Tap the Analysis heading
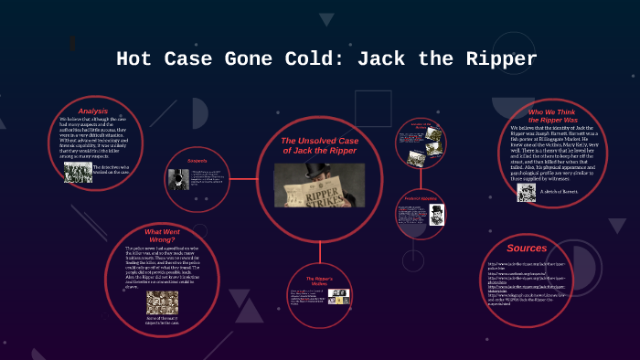coord(92,111)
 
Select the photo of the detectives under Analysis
coord(78,173)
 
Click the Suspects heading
coord(197,161)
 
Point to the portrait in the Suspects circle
coord(176,179)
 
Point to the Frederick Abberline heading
coord(421,198)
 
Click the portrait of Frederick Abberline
coord(436,215)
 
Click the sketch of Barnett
coord(526,192)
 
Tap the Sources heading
coord(526,248)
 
